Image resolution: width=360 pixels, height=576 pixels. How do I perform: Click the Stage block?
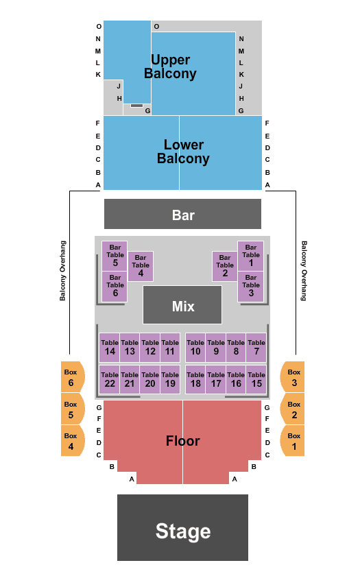182,527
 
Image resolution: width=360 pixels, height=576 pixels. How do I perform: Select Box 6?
73,377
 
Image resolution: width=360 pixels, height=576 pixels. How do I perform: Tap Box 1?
292,441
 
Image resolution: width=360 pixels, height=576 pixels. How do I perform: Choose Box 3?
292,377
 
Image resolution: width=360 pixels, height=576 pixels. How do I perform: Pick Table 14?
110,348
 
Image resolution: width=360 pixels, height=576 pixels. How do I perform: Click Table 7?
256,348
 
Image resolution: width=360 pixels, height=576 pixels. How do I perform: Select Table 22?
110,379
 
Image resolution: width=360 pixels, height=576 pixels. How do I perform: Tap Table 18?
195,379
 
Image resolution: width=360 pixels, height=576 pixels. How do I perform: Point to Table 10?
195,348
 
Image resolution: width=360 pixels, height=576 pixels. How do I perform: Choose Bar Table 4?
141,266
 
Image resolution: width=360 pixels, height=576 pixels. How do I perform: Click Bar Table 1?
250,256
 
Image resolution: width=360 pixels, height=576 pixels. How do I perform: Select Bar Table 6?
115,287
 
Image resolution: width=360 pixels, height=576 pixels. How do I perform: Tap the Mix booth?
182,305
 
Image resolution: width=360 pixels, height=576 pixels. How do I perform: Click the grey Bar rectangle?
182,214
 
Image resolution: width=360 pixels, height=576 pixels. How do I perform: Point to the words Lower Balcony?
183,152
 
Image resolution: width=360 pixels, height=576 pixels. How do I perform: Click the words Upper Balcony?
170,67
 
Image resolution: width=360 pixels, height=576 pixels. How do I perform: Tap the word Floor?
182,441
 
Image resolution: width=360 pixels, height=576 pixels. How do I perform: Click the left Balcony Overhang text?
63,271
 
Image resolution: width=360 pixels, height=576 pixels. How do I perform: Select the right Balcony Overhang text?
304,271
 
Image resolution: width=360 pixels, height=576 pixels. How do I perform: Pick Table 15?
256,379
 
